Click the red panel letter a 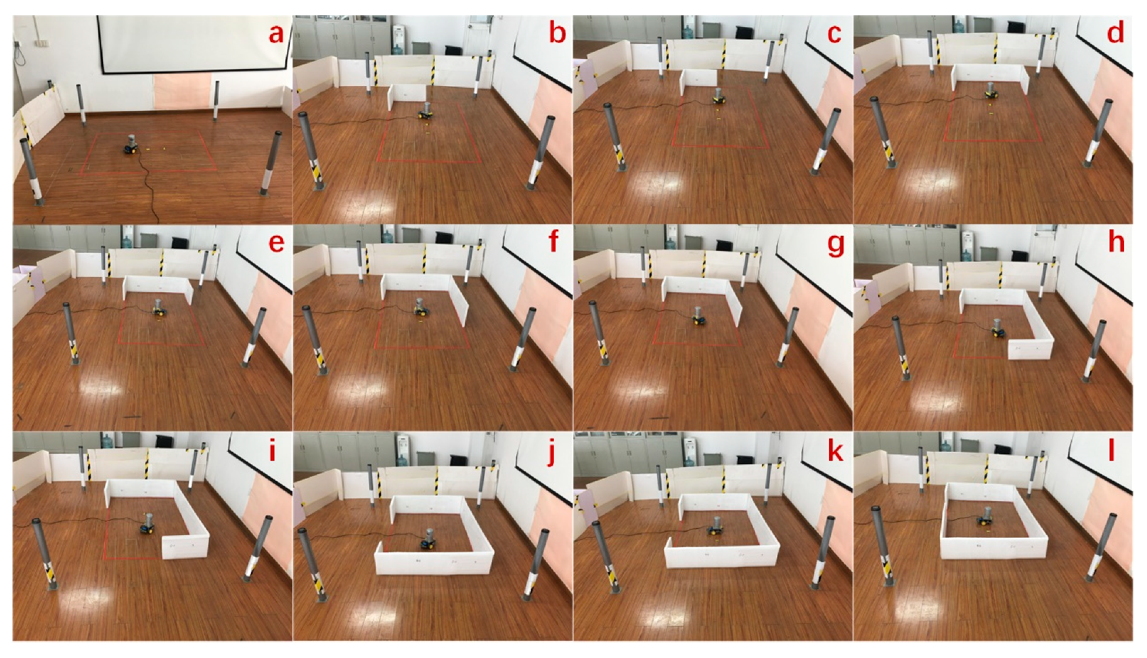[276, 33]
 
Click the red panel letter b [557, 33]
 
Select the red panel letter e [276, 242]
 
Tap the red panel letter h [1115, 242]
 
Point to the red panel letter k [835, 452]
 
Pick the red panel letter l [1112, 452]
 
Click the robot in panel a [131, 145]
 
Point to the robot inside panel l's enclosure [985, 516]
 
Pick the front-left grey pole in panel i [45, 552]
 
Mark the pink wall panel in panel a [183, 92]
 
